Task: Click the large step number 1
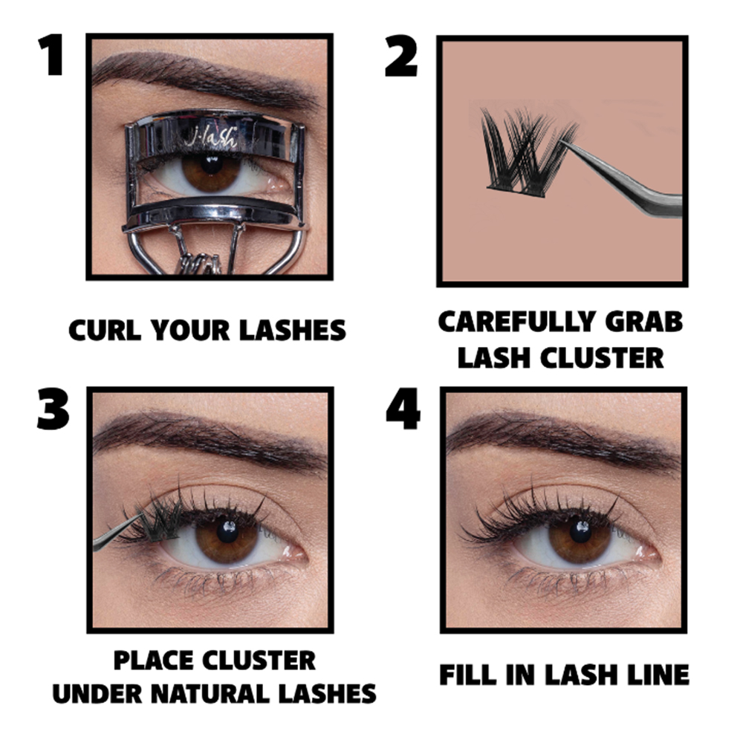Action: click(51, 56)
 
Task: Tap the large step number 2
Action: click(401, 56)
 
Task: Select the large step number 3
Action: click(53, 409)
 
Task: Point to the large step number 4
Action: click(403, 409)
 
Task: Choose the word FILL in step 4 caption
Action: click(468, 675)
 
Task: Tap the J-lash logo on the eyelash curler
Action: click(210, 137)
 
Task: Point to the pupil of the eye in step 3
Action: click(227, 532)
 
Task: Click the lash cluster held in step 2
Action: click(526, 152)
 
